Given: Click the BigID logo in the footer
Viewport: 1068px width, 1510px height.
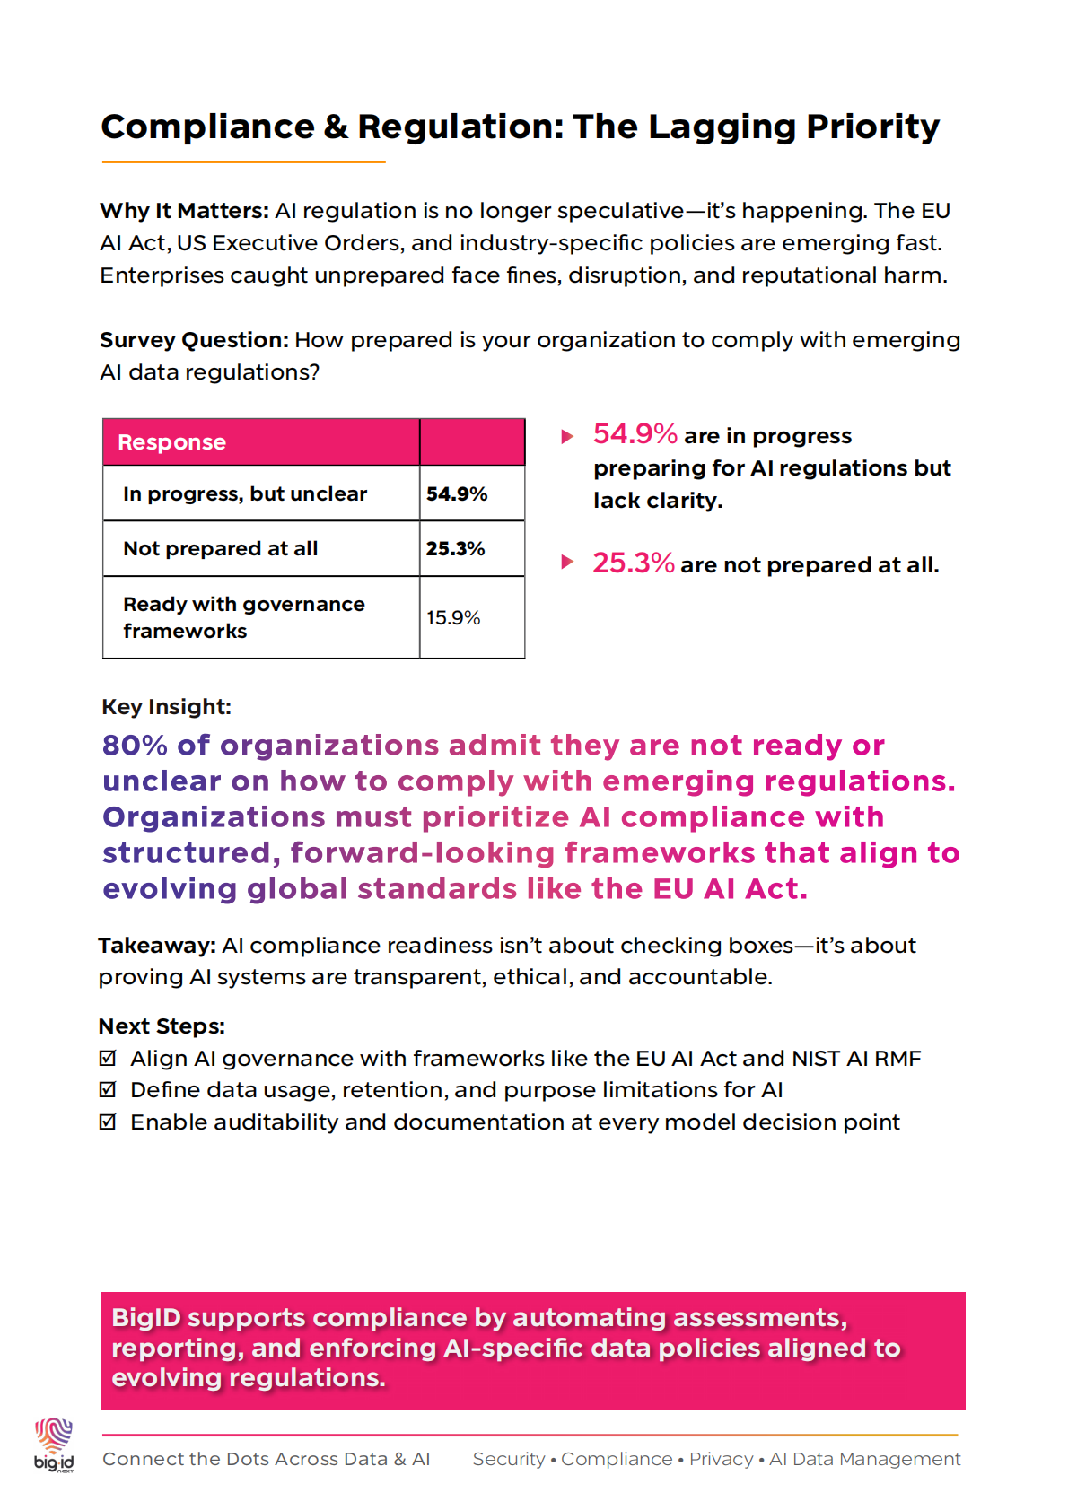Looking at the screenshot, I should point(54,1444).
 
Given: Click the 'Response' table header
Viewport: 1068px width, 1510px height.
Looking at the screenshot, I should point(171,442).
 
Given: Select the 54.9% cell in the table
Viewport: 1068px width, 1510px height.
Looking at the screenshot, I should point(457,494).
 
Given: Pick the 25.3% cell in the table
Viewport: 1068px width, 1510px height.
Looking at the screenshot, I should point(456,549).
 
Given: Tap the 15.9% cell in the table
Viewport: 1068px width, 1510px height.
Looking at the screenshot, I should point(453,618).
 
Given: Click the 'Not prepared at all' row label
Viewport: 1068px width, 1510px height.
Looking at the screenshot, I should point(221,549).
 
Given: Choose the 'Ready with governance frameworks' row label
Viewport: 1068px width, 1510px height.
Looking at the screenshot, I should point(244,617).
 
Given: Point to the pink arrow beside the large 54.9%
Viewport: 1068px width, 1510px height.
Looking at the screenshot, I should point(567,437).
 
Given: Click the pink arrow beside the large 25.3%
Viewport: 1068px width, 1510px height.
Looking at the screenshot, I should point(567,563).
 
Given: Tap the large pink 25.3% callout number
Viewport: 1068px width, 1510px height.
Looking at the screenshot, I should point(633,563).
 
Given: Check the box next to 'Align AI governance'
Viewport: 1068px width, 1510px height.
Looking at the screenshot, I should point(108,1059).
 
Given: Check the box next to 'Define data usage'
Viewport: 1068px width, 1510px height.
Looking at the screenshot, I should point(108,1090).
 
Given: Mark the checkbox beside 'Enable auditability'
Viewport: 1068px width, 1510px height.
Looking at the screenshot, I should point(108,1122).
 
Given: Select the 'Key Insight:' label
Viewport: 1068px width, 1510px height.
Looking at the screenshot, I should point(167,707).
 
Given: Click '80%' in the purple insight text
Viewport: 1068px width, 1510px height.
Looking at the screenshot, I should point(135,746).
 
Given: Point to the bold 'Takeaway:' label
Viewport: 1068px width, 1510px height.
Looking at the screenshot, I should point(157,946).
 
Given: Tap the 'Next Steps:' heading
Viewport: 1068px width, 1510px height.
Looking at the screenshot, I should point(162,1026).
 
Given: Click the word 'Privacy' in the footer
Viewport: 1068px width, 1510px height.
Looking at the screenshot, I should point(722,1460).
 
